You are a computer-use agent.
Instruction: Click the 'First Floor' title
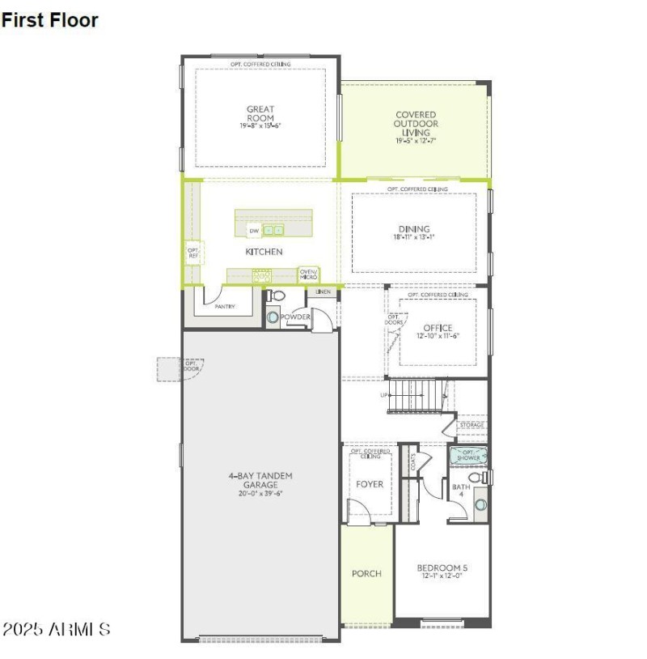[x=50, y=20]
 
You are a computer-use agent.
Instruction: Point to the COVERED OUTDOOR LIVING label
[x=416, y=123]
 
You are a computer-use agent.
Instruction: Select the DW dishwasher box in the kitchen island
[x=254, y=231]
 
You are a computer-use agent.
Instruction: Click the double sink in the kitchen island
[x=273, y=231]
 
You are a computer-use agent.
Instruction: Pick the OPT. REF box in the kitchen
[x=193, y=253]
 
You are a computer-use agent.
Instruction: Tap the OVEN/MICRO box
[x=308, y=274]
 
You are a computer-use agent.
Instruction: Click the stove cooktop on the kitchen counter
[x=260, y=276]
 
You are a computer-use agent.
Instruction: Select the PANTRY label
[x=224, y=307]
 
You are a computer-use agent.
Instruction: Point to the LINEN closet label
[x=323, y=291]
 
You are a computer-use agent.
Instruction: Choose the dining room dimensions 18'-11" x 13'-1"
[x=414, y=238]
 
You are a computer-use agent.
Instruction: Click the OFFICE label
[x=438, y=328]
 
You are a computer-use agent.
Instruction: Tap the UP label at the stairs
[x=385, y=395]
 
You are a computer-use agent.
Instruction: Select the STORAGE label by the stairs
[x=472, y=424]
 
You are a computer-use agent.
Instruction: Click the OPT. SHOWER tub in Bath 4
[x=469, y=456]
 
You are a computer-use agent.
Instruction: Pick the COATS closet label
[x=413, y=461]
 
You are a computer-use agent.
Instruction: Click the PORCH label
[x=366, y=573]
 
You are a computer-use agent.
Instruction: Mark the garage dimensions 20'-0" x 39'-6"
[x=260, y=493]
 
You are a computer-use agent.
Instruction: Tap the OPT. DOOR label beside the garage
[x=192, y=365]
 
